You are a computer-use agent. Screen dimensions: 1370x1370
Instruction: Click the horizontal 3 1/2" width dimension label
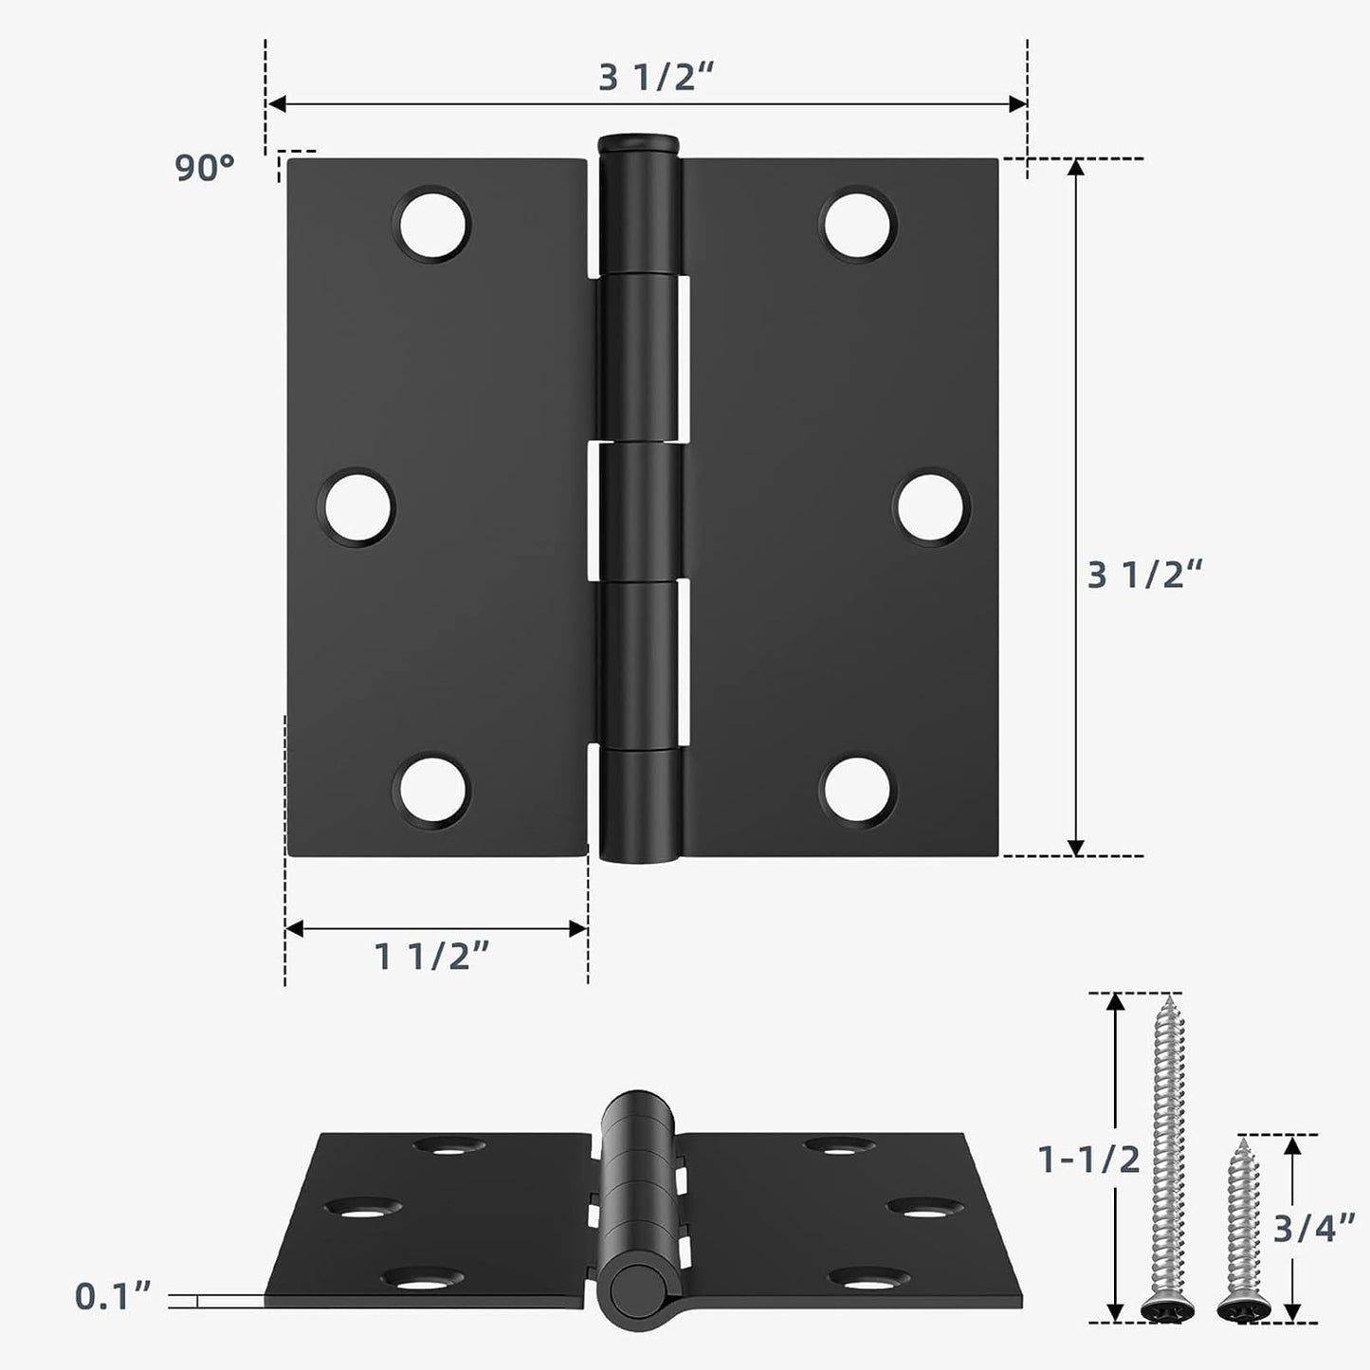click(654, 79)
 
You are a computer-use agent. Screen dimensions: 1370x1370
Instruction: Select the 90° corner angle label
click(204, 169)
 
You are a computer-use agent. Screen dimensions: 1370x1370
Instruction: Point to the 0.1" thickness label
click(113, 1297)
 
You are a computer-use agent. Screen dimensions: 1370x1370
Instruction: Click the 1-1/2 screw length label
click(1089, 1160)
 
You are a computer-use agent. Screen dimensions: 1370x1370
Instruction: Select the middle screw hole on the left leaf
click(358, 507)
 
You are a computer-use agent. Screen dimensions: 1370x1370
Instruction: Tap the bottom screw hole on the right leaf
click(858, 790)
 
